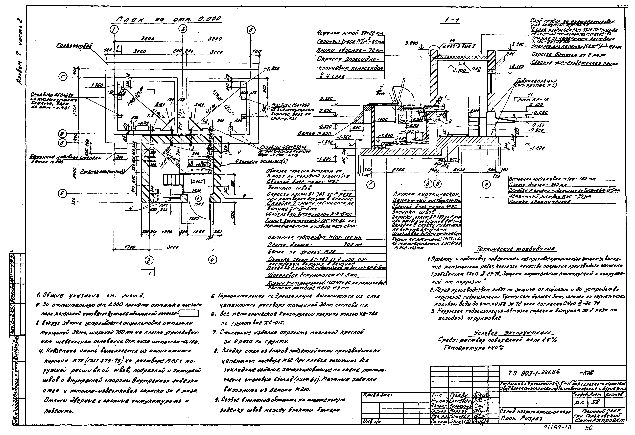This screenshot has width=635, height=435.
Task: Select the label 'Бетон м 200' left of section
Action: point(314,134)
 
